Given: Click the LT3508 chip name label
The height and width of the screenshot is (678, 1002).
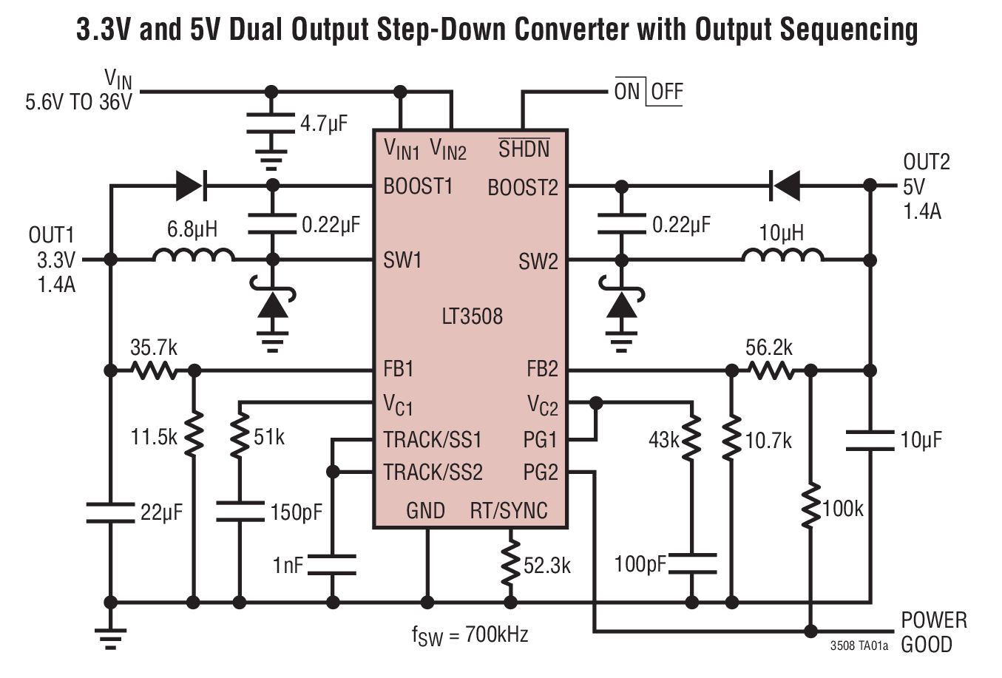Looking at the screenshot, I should point(472,316).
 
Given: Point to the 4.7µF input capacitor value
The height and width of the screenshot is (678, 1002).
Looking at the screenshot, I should point(324,123).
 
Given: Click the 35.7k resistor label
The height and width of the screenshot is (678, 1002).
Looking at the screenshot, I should point(154,347).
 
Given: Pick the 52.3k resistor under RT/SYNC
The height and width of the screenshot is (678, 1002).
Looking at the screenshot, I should point(509,566).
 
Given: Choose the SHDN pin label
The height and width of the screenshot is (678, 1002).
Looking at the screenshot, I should point(524,149).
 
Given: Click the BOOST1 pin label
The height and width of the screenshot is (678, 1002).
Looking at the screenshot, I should point(418,186).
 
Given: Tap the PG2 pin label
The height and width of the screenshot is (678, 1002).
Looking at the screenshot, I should point(541,472).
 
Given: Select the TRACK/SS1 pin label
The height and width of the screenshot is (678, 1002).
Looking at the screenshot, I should point(433,440).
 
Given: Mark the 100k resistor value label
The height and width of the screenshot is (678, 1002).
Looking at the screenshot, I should point(842,509).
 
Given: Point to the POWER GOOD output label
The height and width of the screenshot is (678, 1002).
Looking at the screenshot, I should point(933,631).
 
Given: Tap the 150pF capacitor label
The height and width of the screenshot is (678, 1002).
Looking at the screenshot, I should point(297,511).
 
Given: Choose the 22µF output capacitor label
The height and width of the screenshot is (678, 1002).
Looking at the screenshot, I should point(161,511).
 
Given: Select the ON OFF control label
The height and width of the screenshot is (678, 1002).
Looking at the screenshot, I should point(648,92).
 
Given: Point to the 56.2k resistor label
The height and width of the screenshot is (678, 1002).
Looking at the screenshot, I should point(768,347).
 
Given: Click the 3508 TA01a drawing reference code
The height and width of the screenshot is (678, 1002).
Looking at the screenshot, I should point(859,645).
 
